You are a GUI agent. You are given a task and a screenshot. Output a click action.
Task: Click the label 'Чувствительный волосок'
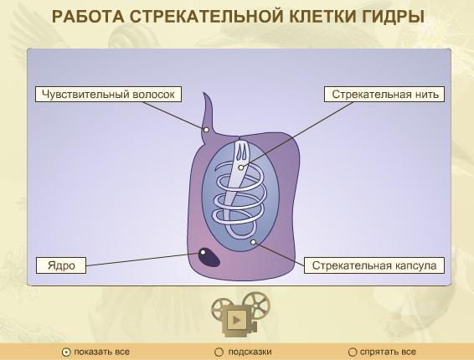click(x=108, y=95)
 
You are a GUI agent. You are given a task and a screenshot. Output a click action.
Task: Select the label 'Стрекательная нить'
click(x=384, y=95)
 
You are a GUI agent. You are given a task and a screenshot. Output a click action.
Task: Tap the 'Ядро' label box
click(x=61, y=265)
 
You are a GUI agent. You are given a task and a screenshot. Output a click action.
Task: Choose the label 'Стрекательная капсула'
click(x=374, y=265)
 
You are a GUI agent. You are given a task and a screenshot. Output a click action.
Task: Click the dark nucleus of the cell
click(x=209, y=257)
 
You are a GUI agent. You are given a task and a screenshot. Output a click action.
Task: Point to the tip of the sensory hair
click(x=204, y=93)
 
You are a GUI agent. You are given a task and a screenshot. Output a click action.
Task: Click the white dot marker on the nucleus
click(x=203, y=252)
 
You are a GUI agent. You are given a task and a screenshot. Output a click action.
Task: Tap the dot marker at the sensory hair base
click(x=206, y=130)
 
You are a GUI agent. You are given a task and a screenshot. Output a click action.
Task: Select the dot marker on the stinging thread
click(x=240, y=167)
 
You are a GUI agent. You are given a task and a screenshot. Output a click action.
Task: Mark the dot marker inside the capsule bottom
click(x=253, y=242)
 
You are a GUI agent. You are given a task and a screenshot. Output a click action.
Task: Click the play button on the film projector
click(x=237, y=320)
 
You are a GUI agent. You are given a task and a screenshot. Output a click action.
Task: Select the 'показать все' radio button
click(x=65, y=352)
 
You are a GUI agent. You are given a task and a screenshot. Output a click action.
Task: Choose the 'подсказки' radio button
click(x=219, y=352)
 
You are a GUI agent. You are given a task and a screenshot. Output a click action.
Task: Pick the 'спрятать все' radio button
click(x=353, y=352)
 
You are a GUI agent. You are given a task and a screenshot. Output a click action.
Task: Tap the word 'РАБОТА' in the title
click(x=88, y=16)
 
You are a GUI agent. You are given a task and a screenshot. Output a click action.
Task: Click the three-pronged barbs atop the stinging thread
click(x=241, y=150)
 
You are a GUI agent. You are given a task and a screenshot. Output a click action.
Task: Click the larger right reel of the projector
click(x=256, y=303)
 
